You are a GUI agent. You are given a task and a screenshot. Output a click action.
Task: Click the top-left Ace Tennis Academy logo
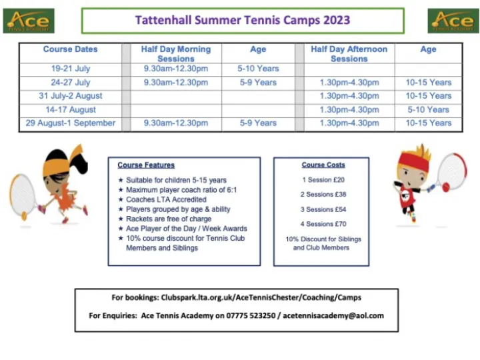[29, 21]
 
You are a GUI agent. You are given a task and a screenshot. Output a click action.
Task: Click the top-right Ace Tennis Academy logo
[453, 21]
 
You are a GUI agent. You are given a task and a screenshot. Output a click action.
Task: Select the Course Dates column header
[70, 49]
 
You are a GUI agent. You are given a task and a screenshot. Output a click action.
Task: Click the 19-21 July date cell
[70, 69]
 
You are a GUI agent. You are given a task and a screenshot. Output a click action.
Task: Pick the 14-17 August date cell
[70, 109]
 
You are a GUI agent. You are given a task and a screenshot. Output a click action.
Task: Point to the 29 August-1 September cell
[70, 123]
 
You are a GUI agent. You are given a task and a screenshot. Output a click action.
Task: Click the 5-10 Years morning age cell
[258, 69]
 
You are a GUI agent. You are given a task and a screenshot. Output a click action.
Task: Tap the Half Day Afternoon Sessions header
[349, 53]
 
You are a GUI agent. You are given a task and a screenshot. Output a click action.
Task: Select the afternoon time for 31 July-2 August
[349, 96]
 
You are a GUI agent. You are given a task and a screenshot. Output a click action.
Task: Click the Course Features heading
[146, 165]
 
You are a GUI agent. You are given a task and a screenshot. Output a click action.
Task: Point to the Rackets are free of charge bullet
[169, 219]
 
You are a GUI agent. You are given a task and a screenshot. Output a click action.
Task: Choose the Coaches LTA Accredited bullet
[166, 199]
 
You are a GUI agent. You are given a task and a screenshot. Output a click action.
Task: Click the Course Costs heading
[323, 165]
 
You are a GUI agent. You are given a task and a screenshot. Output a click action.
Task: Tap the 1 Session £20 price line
[323, 180]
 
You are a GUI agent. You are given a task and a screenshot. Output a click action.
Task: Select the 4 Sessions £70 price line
[323, 224]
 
